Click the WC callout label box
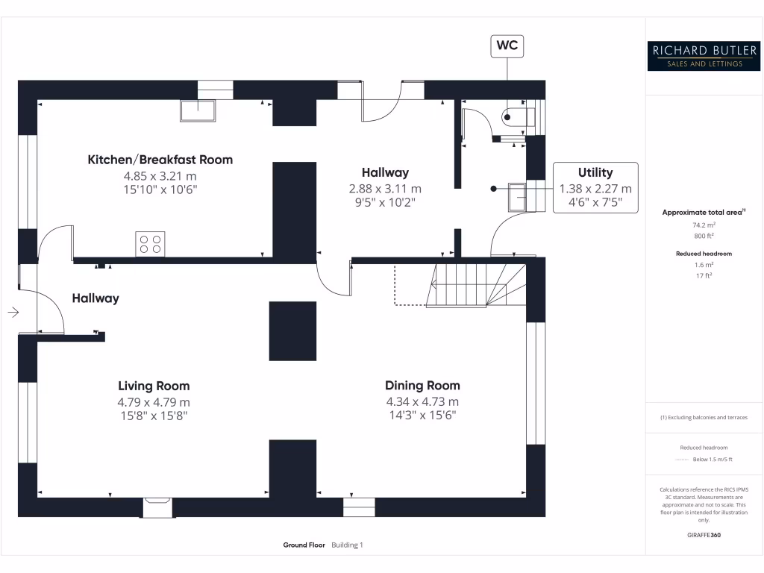(x=507, y=46)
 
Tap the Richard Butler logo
(x=704, y=56)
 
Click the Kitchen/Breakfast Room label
(x=160, y=160)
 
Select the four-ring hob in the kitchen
(x=150, y=244)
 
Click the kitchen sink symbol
(x=198, y=110)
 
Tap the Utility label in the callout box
(x=595, y=172)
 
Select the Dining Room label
(x=422, y=386)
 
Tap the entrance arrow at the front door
(x=13, y=312)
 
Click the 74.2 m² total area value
(x=704, y=224)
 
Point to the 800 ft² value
(x=704, y=236)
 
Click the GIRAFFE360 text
(x=704, y=535)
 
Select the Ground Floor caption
(x=304, y=545)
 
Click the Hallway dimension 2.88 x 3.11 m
(x=385, y=189)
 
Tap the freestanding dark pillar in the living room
(x=292, y=331)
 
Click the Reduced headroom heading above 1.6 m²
(x=704, y=254)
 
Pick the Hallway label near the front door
(x=95, y=298)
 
